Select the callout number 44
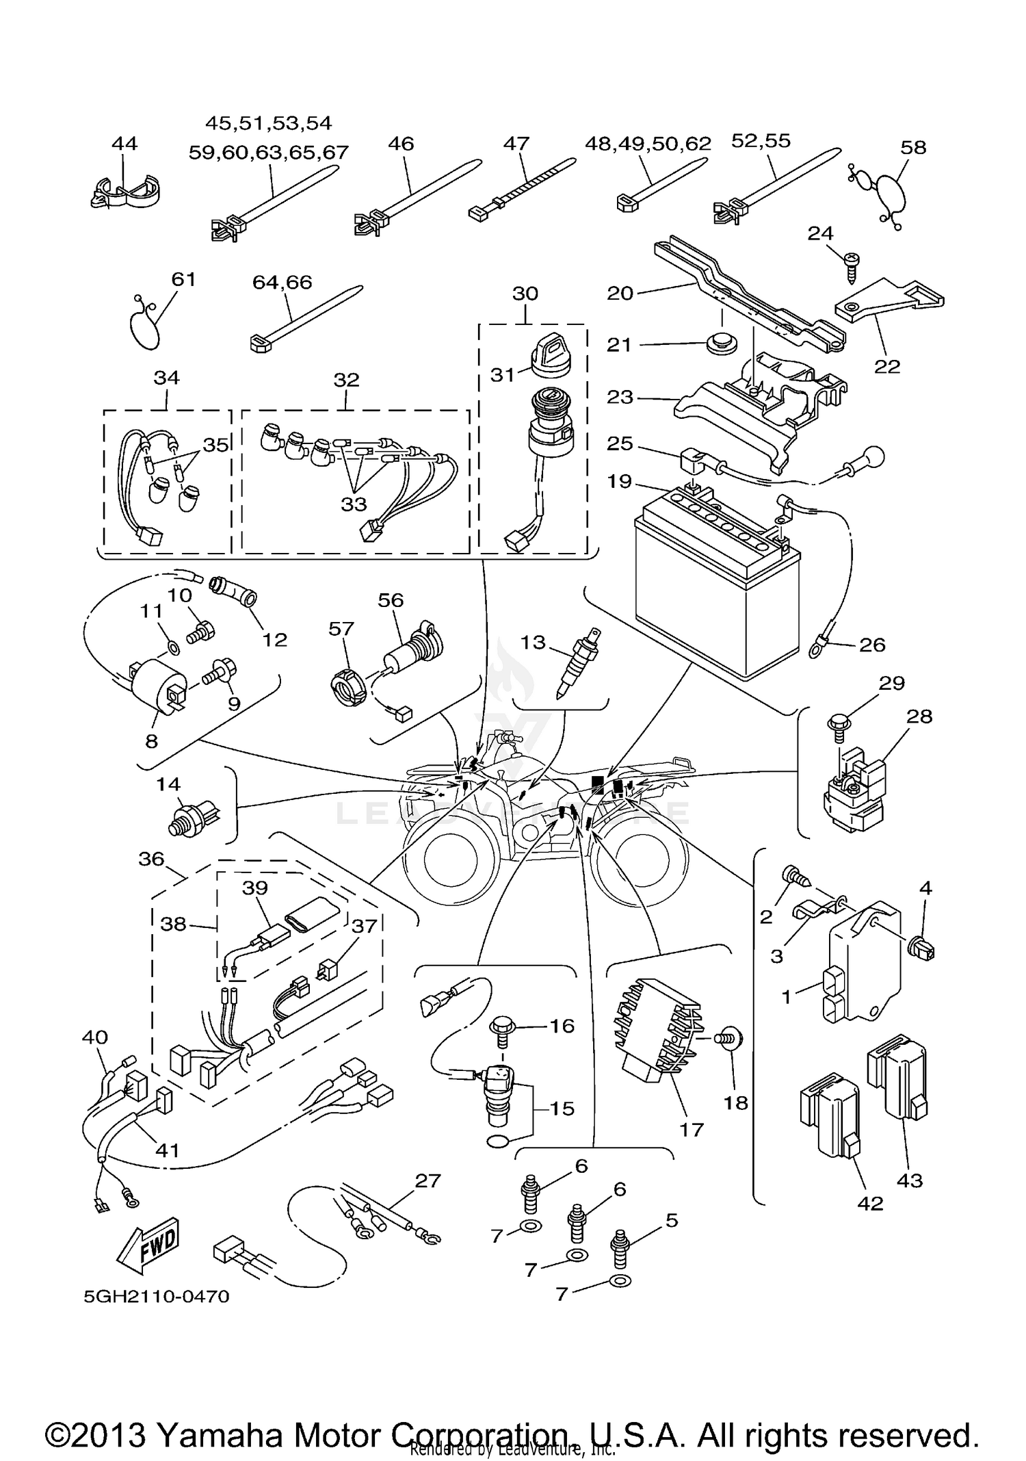click(x=124, y=143)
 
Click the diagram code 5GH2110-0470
click(x=157, y=1296)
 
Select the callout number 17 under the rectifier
click(x=692, y=1129)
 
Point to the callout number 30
click(x=525, y=294)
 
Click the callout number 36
click(x=151, y=859)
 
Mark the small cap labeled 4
click(x=923, y=951)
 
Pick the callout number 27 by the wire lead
click(x=428, y=1180)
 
